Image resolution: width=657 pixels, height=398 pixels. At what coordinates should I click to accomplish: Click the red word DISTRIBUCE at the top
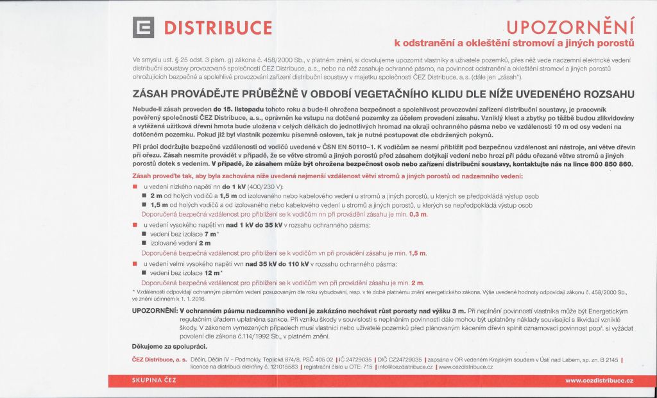(x=218, y=29)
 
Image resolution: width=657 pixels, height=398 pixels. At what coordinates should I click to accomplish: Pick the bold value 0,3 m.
(x=418, y=214)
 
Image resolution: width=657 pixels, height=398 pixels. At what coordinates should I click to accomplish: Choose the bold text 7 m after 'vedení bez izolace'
(x=210, y=235)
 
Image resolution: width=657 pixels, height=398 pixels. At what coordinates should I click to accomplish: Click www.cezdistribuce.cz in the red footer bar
(x=599, y=381)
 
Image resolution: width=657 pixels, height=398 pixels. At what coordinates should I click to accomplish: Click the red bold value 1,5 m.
(x=418, y=253)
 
